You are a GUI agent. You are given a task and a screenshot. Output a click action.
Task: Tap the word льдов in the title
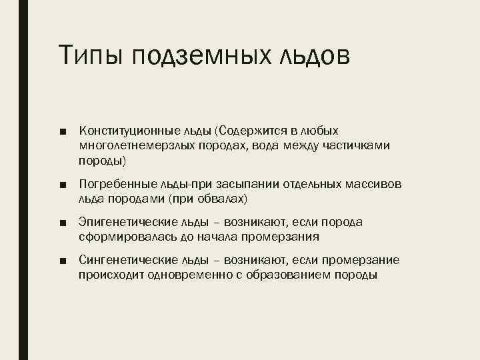coord(312,56)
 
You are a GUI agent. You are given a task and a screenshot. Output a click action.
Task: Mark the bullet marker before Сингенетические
coord(62,259)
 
